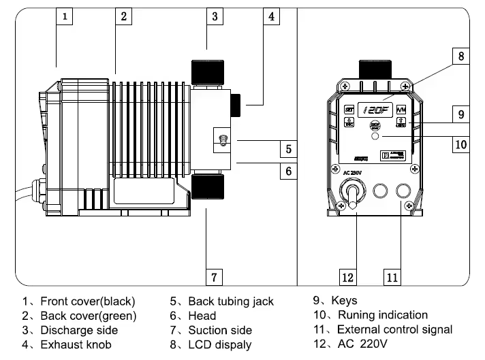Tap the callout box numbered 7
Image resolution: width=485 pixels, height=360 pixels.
(213, 276)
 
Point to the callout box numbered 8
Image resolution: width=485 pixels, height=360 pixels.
(460, 56)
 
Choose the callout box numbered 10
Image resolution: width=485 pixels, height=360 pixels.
(460, 143)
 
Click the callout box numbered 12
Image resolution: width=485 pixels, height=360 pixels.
(348, 277)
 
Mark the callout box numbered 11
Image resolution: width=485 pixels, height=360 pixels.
(392, 277)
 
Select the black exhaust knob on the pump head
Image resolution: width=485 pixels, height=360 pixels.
(235, 104)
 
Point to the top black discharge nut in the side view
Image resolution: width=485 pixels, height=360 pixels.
(206, 70)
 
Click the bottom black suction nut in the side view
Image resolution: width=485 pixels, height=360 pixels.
(206, 186)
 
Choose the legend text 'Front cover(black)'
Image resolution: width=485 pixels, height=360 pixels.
(88, 301)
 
